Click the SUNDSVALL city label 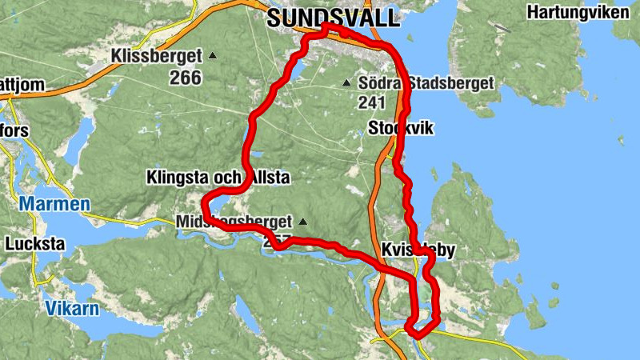tap(332, 18)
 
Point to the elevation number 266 tap(185, 77)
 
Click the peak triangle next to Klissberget tap(213, 56)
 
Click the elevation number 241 tap(373, 102)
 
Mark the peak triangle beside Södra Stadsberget tap(346, 83)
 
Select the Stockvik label tap(400, 128)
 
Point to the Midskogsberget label tap(233, 222)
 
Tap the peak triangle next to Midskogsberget tap(302, 222)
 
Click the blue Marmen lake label tap(54, 204)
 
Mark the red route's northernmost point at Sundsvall tap(326, 26)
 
